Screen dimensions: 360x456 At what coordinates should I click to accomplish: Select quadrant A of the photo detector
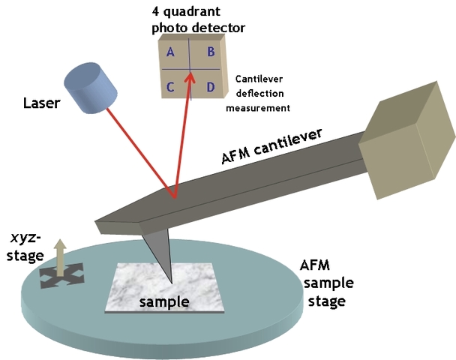coord(171,52)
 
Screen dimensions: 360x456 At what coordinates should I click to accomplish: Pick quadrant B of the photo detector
coord(211,52)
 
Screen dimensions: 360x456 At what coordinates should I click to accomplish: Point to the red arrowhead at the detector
coord(190,76)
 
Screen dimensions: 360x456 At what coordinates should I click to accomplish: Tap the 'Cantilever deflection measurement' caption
coord(262,93)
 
